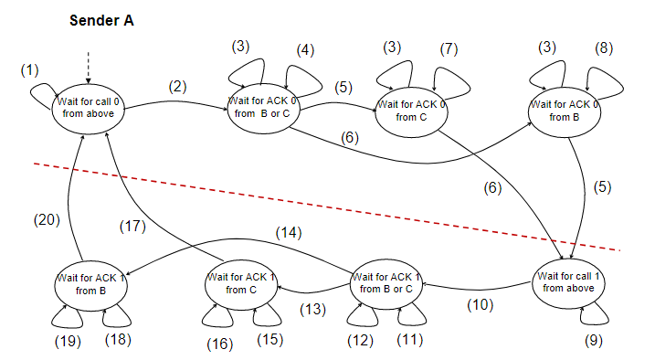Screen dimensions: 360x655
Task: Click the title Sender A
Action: pos(102,21)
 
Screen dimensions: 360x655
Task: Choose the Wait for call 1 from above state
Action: pos(567,281)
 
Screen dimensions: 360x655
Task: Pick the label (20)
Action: pos(46,219)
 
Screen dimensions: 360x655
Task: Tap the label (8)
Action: pos(602,48)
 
